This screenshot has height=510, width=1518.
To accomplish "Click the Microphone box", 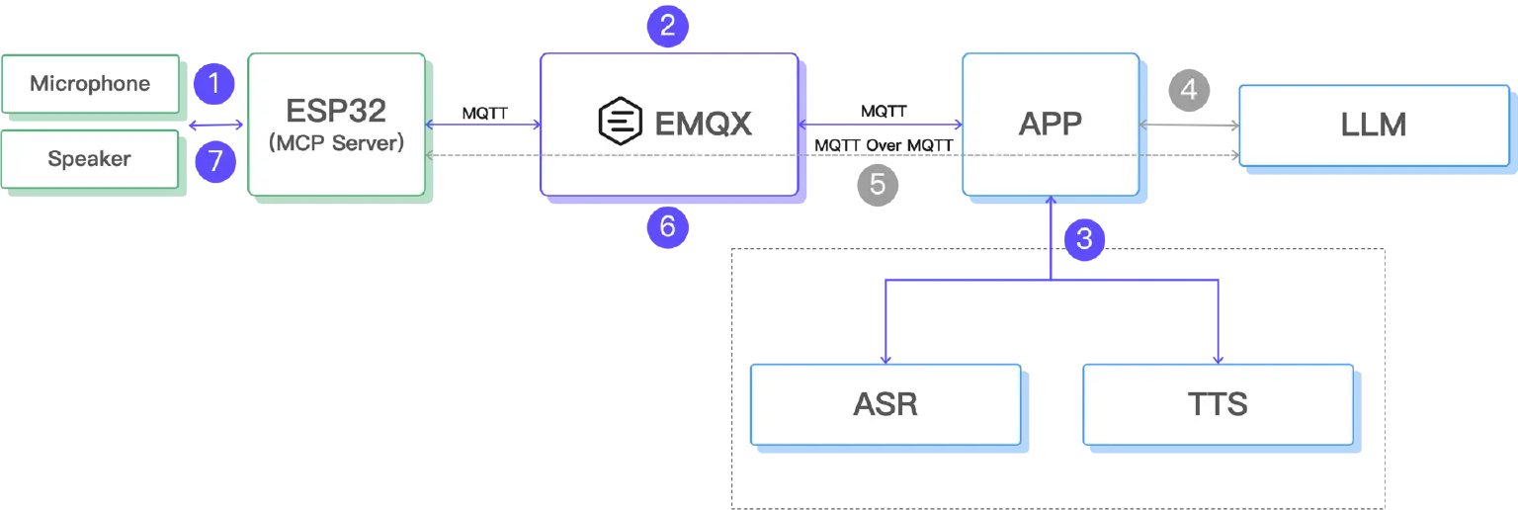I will point(90,84).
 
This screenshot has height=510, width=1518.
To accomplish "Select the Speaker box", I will point(90,159).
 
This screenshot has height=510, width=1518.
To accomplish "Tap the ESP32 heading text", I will point(337,108).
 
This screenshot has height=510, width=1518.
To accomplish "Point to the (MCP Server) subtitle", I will point(337,142).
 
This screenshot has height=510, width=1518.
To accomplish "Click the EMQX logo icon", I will point(621,123).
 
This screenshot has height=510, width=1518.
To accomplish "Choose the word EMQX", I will point(704,123).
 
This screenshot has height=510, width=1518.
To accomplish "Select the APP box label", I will point(1050,124).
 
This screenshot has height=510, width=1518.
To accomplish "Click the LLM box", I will point(1374,125).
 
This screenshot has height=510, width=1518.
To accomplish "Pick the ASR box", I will point(885,404).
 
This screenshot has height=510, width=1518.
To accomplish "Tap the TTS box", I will point(1218,404).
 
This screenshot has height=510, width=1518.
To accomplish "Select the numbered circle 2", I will point(667,26).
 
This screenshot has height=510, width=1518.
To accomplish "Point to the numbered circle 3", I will point(1084,238).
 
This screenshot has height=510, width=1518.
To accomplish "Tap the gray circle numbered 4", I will point(1189,90).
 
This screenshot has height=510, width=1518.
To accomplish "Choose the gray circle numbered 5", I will point(877,184).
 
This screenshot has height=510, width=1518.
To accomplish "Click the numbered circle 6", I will point(667,227).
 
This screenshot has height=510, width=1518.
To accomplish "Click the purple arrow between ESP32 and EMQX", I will point(482,125).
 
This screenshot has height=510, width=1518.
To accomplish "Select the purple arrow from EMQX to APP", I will point(880,125).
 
